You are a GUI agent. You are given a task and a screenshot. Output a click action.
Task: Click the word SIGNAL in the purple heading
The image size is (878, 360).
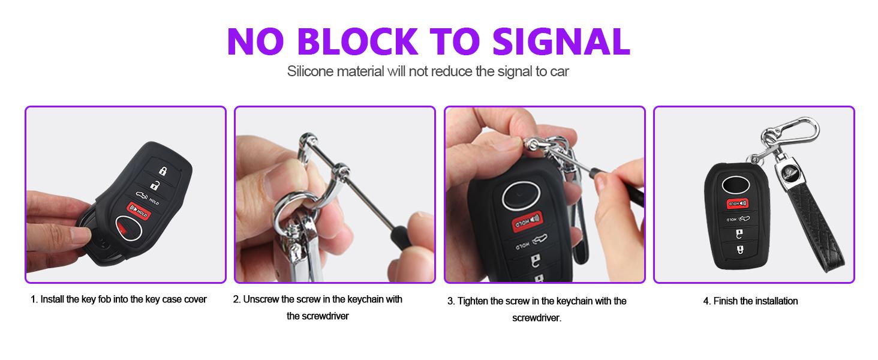(561, 41)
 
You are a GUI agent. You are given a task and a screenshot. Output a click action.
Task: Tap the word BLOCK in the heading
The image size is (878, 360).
(357, 41)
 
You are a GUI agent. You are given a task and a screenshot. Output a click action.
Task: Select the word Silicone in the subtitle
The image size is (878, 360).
(310, 71)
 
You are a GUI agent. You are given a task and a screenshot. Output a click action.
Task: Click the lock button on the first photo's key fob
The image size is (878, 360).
(163, 170)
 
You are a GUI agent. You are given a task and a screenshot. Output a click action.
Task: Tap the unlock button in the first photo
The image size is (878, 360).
(155, 185)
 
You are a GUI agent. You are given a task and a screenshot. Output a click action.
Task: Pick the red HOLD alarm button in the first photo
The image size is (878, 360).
(139, 211)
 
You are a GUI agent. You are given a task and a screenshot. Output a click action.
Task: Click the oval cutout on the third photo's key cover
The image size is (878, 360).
(521, 196)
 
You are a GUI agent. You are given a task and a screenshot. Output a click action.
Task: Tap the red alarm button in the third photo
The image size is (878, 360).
(528, 221)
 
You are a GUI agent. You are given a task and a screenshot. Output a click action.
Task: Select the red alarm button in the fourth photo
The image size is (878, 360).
(737, 203)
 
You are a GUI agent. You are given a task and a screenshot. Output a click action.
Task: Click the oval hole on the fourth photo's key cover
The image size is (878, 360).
(736, 184)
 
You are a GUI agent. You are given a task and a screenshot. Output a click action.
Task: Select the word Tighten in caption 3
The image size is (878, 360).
(473, 301)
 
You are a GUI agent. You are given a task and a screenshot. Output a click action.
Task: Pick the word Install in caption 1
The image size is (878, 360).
(52, 299)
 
